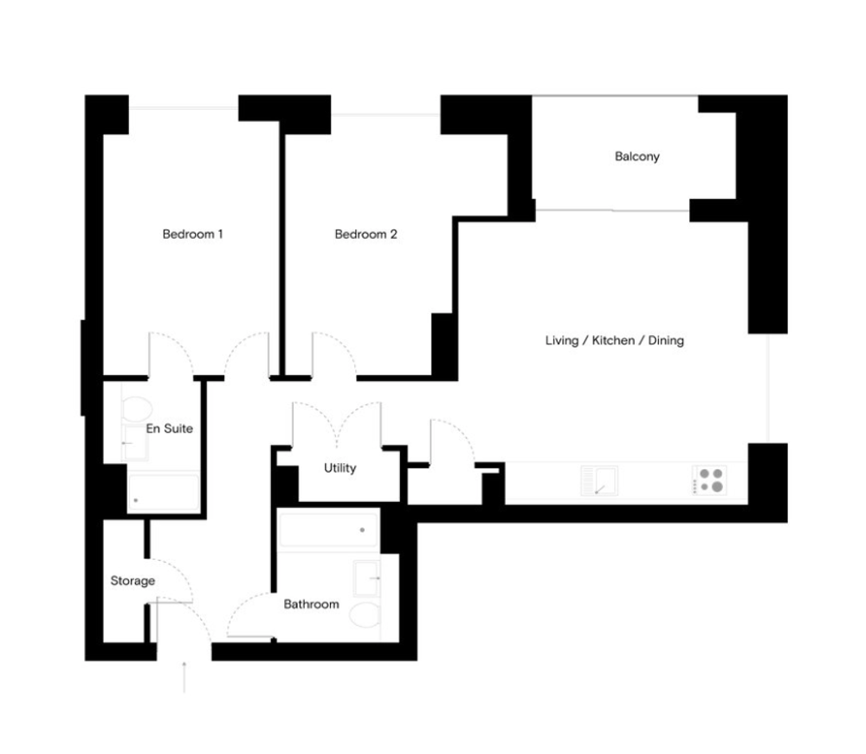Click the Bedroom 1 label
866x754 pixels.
click(x=193, y=234)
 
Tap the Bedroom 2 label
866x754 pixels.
click(x=365, y=234)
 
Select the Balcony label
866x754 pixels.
click(x=637, y=156)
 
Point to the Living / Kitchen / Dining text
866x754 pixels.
click(x=614, y=340)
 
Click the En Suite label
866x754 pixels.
click(x=170, y=429)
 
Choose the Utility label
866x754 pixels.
click(x=339, y=468)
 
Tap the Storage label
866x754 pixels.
click(x=132, y=581)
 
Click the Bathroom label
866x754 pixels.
click(x=312, y=604)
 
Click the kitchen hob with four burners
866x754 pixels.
click(x=710, y=480)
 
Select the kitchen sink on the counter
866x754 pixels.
click(x=599, y=480)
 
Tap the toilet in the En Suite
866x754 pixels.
click(x=137, y=409)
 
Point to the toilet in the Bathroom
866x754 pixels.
click(x=365, y=615)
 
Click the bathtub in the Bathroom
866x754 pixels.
click(x=328, y=530)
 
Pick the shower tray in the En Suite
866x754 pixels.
click(x=164, y=493)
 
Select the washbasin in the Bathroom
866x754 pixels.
click(x=366, y=578)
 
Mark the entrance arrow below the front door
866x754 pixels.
click(x=184, y=677)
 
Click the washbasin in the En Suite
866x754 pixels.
click(x=135, y=442)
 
